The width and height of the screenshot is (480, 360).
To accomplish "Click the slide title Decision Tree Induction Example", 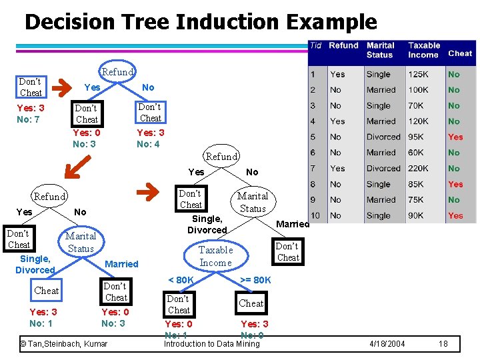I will (x=200, y=22).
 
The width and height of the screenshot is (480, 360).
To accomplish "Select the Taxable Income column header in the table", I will (x=424, y=50).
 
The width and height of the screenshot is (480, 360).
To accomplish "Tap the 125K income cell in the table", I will (x=419, y=75).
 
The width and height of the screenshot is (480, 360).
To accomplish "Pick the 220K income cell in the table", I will (x=420, y=169).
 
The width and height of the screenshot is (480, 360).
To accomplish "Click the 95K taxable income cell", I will (x=416, y=137).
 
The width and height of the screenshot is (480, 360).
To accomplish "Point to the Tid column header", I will (x=315, y=45).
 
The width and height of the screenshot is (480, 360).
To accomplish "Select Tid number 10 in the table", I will (x=315, y=215).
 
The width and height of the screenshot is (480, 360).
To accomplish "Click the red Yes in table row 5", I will (x=455, y=137).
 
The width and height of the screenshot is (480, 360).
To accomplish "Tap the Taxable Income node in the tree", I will (x=216, y=256).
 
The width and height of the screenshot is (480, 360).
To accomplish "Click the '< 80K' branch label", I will (x=181, y=280).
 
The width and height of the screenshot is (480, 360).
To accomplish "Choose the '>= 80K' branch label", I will (x=255, y=280).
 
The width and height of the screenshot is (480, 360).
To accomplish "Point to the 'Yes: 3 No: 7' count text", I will (x=30, y=114).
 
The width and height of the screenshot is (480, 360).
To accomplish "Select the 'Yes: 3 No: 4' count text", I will (x=150, y=138).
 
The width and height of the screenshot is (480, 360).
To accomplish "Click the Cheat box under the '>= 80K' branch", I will (x=251, y=303).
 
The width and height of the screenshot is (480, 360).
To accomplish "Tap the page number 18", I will (x=443, y=344).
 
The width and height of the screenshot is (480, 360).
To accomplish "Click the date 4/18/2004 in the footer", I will (x=387, y=344).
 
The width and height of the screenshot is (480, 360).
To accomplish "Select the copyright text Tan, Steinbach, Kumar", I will (x=63, y=344).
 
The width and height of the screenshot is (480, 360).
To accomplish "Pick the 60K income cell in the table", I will (x=416, y=153).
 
